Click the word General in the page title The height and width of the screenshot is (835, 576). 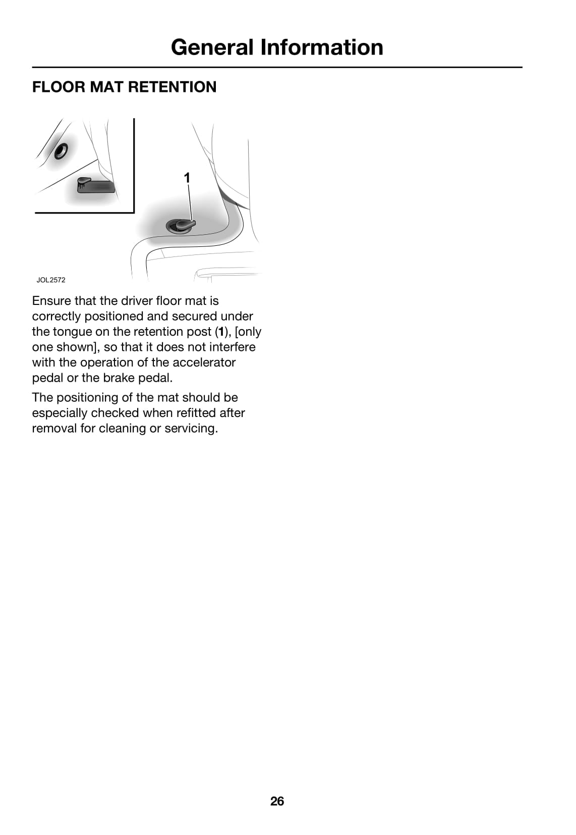[x=212, y=47]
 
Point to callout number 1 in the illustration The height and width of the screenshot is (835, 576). [x=187, y=178]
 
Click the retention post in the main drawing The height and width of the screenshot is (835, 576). [x=181, y=225]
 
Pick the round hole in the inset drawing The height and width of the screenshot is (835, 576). [x=61, y=150]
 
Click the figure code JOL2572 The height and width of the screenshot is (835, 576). [x=50, y=280]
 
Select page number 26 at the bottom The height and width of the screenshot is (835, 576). [x=277, y=801]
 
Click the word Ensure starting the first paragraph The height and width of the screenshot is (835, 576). [x=51, y=301]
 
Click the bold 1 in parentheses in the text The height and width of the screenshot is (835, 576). [x=220, y=332]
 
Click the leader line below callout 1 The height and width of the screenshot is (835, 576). [x=190, y=202]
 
